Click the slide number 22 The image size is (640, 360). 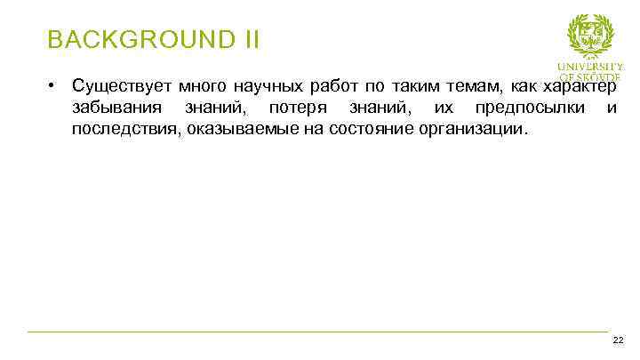(x=618, y=340)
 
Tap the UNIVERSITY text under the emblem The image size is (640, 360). (x=590, y=67)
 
